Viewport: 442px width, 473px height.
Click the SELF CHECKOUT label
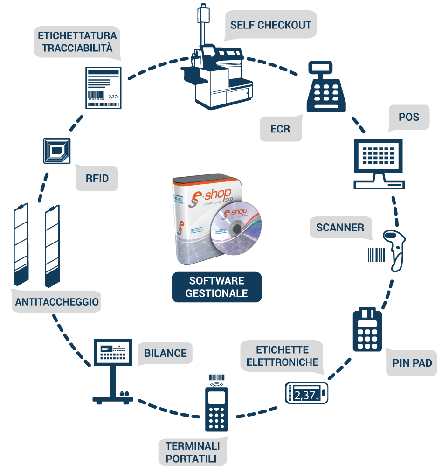(270, 24)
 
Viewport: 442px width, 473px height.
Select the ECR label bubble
(280, 128)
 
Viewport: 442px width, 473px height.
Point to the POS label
(408, 117)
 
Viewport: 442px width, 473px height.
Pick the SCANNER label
(340, 228)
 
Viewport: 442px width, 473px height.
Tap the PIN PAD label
(412, 362)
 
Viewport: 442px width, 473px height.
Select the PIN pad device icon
(367, 330)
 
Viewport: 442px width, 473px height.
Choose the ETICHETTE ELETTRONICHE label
(282, 356)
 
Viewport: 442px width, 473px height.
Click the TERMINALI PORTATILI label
(192, 452)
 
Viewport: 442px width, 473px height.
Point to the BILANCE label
(165, 353)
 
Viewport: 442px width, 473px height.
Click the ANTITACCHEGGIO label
(57, 302)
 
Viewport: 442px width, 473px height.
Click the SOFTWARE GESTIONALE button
(216, 287)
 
